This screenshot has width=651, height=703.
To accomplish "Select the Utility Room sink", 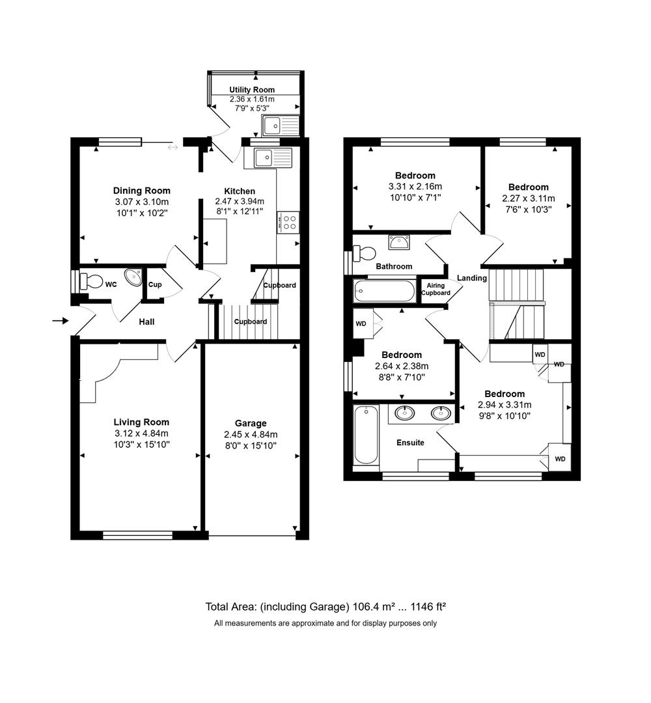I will [278, 124].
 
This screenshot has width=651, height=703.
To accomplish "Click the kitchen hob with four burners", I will [288, 222].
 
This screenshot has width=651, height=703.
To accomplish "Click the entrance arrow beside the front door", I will [60, 320].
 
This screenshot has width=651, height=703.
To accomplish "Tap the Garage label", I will [251, 423].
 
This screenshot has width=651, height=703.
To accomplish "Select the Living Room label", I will [141, 421].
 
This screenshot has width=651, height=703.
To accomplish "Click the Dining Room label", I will [141, 191].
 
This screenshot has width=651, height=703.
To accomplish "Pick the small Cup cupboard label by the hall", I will [155, 285].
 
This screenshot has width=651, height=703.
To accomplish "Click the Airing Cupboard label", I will [436, 289].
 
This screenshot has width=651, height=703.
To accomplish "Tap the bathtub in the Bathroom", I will [385, 290].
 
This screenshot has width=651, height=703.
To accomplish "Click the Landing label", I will [472, 278].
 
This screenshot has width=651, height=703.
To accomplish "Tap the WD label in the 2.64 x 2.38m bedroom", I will [361, 324].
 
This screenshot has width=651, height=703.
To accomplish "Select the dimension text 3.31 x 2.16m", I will [415, 187].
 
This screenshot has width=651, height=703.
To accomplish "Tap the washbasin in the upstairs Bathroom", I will [399, 242].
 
